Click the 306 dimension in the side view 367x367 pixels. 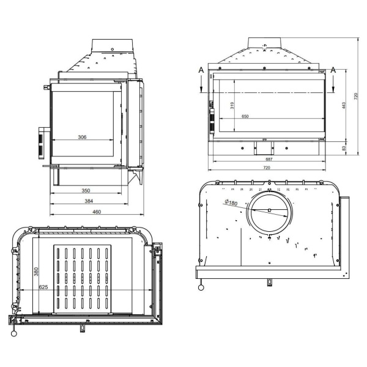pos(81,137)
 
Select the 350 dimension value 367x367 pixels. pos(87,191)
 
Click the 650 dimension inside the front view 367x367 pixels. pos(245,116)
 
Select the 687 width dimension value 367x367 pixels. pos(267,160)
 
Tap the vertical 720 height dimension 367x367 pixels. pos(357,96)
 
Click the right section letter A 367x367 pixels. pos(333,70)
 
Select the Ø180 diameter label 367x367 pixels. pos(231,203)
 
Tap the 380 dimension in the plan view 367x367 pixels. pos(36,270)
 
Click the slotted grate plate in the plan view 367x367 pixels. pos(83,278)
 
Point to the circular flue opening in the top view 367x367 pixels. pos(269,211)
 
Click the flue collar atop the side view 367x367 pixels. pos(111,47)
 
